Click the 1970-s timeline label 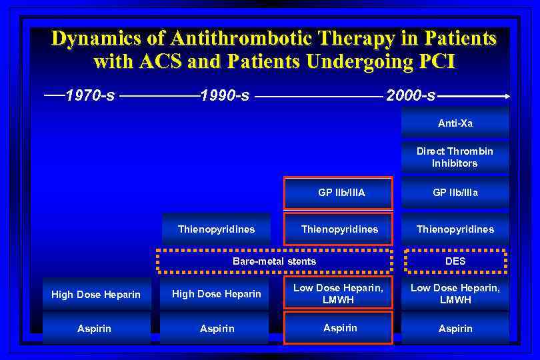point(91,96)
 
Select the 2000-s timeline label point(411,96)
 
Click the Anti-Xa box point(455,123)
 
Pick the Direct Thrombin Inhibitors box point(455,157)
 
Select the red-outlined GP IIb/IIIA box point(339,193)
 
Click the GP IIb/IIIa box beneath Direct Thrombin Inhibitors point(455,193)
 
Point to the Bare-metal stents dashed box point(274,261)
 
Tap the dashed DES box point(455,261)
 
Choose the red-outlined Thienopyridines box point(339,229)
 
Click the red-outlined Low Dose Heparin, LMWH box point(339,294)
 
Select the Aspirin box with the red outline point(339,328)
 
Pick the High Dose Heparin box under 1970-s point(96,295)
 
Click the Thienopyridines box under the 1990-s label point(216,229)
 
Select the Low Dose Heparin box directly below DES point(455,294)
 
